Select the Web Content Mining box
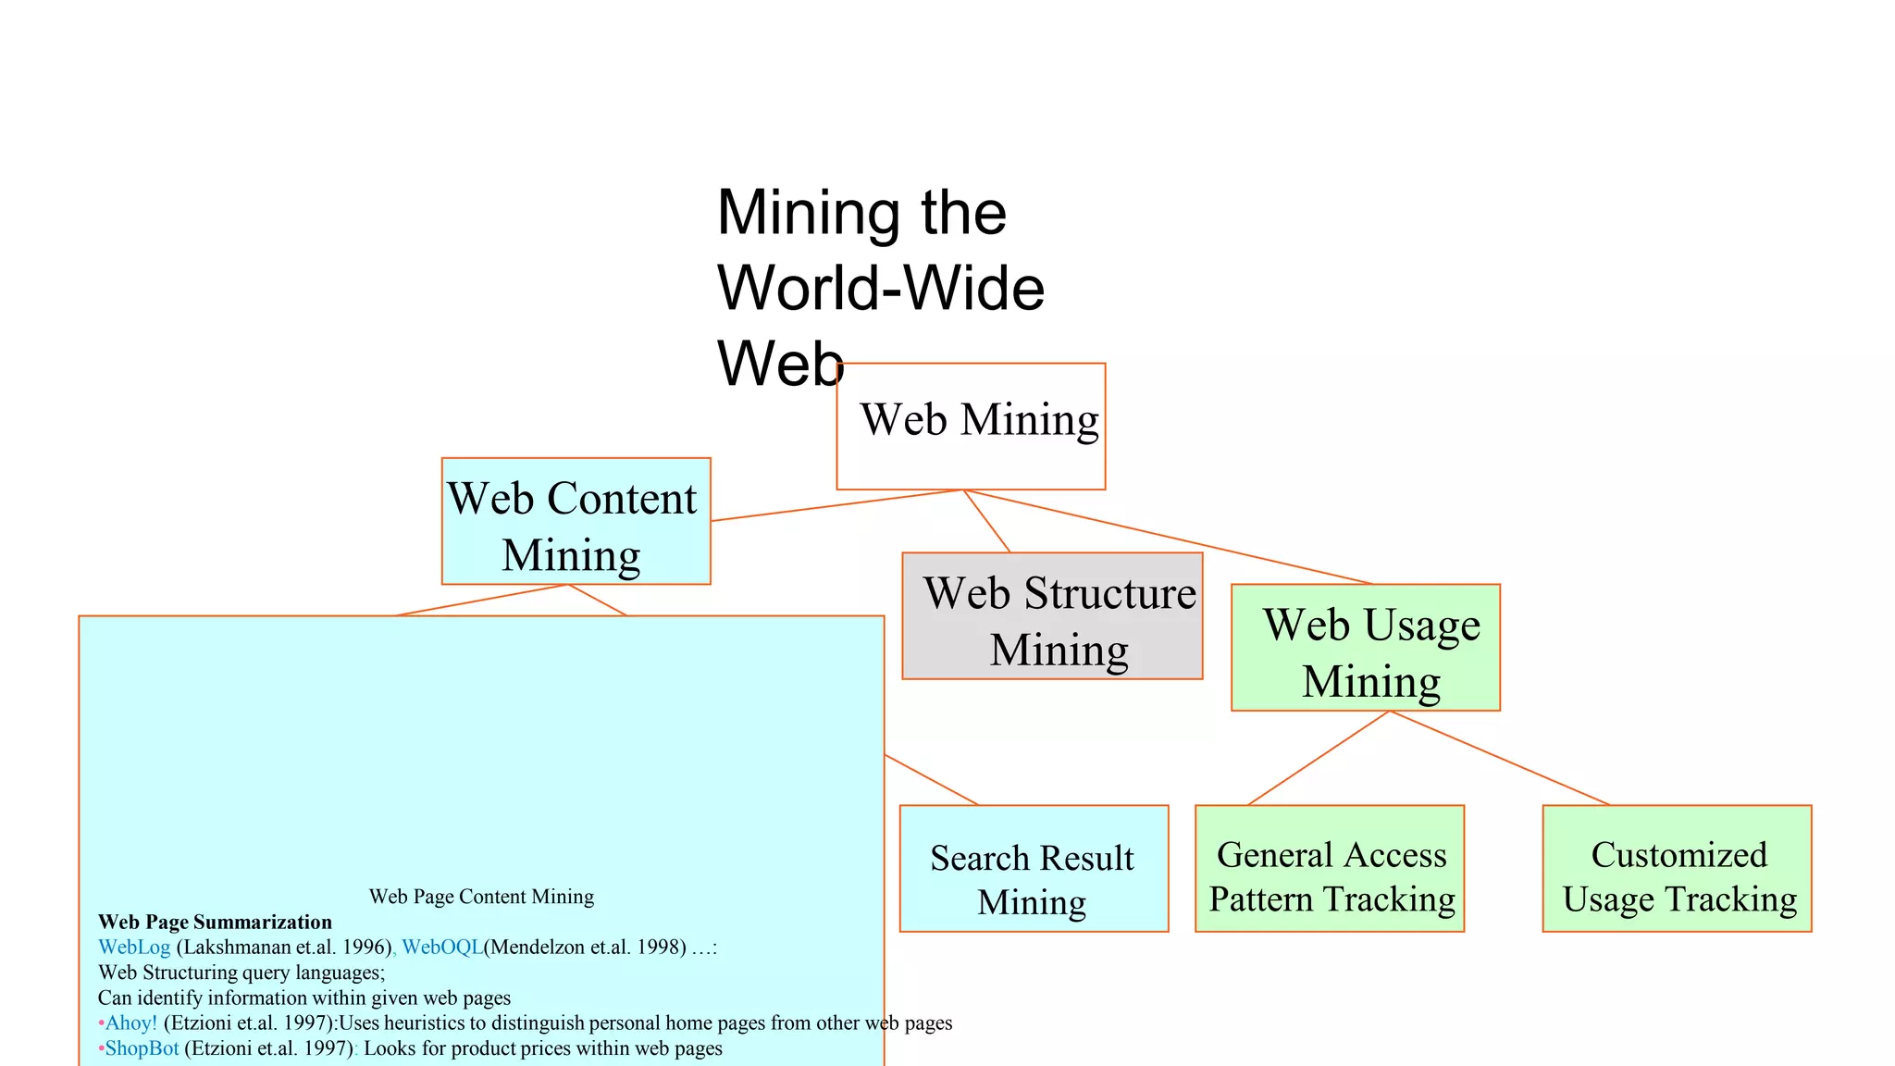[x=576, y=521]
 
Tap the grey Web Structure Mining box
[x=1052, y=616]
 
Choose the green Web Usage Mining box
[x=1365, y=648]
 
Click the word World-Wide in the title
[x=881, y=289]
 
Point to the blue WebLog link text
[x=134, y=948]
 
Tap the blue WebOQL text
[x=442, y=948]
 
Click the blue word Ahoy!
[x=131, y=1023]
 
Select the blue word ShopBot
[x=142, y=1048]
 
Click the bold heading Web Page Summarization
[x=215, y=923]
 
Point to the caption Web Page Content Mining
[x=481, y=897]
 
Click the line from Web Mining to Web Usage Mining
[x=1166, y=537]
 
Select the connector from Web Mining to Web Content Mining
[x=837, y=505]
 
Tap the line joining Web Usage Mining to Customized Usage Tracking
[x=1499, y=758]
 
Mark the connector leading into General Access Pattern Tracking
[x=1319, y=758]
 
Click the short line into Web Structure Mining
[x=986, y=521]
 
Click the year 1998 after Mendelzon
[x=661, y=948]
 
